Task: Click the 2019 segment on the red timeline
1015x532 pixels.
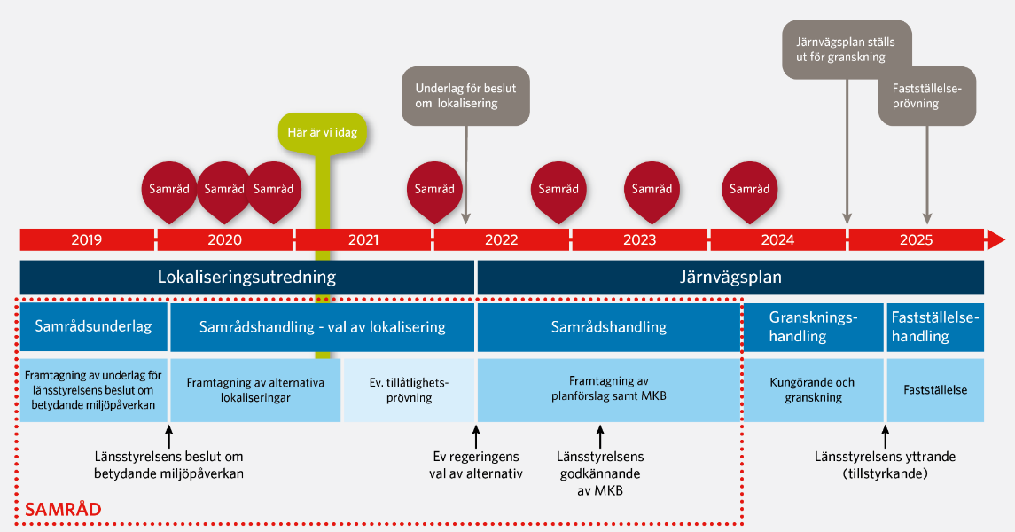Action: coord(87,239)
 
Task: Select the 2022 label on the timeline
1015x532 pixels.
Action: coord(502,240)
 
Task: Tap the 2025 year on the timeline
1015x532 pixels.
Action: coord(916,240)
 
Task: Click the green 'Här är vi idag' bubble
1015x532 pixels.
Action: coord(323,133)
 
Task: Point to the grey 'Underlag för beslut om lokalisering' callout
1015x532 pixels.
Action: coord(465,96)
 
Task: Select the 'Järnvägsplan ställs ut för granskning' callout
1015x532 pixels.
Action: coord(847,50)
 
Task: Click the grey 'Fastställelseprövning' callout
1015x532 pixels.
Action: coord(927,96)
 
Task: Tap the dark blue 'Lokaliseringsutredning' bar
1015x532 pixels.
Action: coord(246,277)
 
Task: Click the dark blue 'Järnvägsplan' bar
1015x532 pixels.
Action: coord(730,277)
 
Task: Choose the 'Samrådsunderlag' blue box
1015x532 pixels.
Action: coord(93,327)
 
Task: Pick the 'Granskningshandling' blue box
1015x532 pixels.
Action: coord(813,327)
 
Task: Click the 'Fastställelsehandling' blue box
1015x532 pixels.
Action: coord(935,327)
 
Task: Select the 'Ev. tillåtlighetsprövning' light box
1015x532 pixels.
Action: coord(410,390)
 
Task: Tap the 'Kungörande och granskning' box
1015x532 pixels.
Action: coord(813,390)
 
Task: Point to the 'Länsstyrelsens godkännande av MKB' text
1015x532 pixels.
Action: coord(600,473)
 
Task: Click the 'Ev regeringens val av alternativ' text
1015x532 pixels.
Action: coord(476,465)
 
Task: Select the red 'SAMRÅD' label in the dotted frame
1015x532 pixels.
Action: coord(63,509)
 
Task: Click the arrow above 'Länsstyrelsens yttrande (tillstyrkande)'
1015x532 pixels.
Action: coord(886,437)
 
